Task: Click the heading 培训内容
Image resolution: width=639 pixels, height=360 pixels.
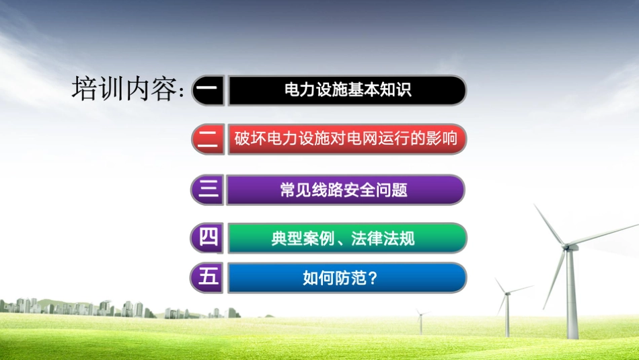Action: pos(124,89)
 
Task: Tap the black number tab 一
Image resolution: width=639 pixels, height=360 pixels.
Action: pos(209,90)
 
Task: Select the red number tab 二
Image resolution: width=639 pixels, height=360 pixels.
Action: pos(208,139)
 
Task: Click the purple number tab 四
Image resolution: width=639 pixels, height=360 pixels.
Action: pos(208,238)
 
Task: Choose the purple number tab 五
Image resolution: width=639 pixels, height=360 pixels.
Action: pos(208,277)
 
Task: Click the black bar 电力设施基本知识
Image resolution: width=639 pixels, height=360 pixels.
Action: pos(347,90)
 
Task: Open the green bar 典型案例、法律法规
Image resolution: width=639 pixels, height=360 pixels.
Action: pos(346,238)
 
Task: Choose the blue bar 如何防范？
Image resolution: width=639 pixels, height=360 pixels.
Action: pos(346,277)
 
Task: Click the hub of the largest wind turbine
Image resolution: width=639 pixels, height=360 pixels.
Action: pos(569,247)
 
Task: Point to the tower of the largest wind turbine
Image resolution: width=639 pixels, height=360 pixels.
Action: pos(572,296)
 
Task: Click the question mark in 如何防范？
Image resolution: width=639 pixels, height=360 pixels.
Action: pos(373,277)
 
